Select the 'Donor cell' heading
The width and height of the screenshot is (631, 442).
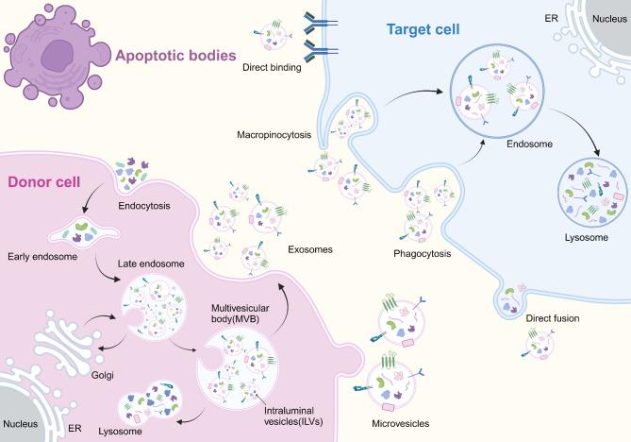point(44,182)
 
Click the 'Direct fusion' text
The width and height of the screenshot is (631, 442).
point(554,318)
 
